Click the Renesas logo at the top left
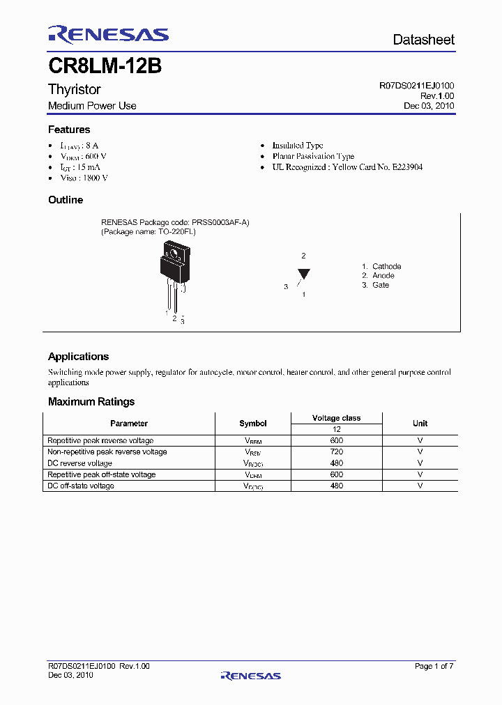pos(108,35)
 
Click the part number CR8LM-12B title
pos(105,66)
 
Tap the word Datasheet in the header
pos(423,40)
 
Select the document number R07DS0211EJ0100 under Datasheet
pos(416,86)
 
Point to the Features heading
pos(69,130)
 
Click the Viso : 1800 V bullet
pos(84,178)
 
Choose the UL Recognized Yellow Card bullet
pos(347,167)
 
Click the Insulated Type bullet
pos(298,146)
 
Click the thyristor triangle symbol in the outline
pos(303,274)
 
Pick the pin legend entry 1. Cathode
pos(381,266)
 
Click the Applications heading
pos(78,356)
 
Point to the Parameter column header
pos(129,424)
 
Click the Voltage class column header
pos(336,418)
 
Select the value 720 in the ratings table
pos(336,452)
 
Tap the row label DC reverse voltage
pos(79,463)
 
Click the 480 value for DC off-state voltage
pos(336,486)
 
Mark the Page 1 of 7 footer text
pos(434,667)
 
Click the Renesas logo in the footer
pos(250,675)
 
